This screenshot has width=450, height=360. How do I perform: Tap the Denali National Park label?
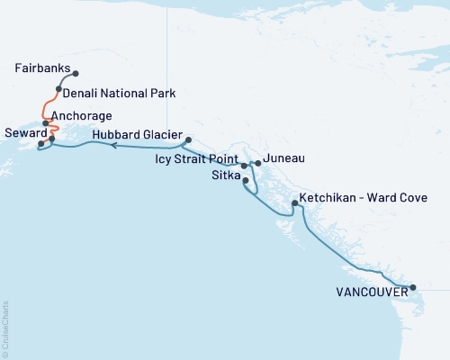coord(119,93)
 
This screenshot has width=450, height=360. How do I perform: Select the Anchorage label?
coord(82,116)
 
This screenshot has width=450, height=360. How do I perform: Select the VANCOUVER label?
coord(369,292)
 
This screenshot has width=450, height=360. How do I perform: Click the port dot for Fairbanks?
coord(76,74)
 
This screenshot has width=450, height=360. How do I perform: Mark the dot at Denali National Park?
coord(58,89)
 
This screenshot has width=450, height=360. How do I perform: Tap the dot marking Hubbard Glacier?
coord(187,139)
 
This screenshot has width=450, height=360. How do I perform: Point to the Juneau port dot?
coord(258,163)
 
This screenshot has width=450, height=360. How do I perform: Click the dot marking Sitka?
coord(246,180)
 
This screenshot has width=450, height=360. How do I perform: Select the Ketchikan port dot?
coord(294,204)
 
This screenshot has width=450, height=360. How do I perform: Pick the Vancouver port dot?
coord(413,288)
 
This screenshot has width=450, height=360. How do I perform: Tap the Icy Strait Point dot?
coord(244,166)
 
